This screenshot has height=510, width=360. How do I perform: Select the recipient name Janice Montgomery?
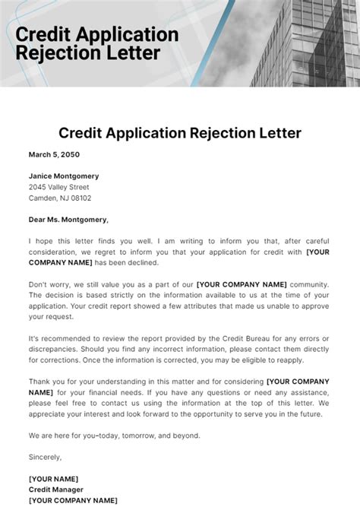(64, 176)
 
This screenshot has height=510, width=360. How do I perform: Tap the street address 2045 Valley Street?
(58, 187)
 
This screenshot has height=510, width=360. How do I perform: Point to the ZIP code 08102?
(81, 198)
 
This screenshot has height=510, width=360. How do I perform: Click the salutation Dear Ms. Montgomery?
(68, 220)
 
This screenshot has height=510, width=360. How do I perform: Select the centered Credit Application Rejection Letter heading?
(180, 133)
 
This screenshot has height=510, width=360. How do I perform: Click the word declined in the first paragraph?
(143, 262)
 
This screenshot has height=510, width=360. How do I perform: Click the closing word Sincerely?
(45, 457)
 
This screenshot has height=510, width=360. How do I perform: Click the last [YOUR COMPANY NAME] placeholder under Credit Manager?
(73, 500)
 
